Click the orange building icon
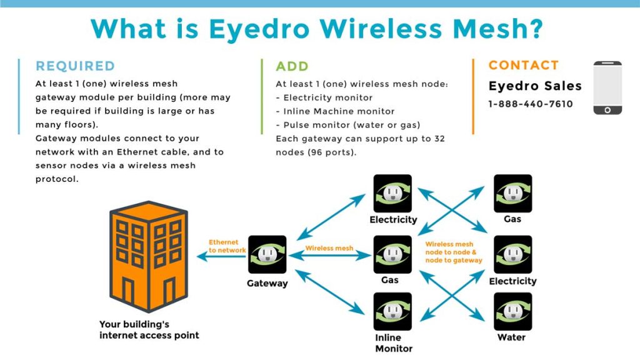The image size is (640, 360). [x=148, y=256]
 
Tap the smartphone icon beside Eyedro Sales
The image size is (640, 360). [x=607, y=87]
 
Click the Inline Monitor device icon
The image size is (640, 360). [x=392, y=311]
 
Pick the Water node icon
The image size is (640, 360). [x=512, y=311]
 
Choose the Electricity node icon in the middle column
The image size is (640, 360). [x=392, y=193]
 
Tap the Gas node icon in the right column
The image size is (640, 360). [x=512, y=193]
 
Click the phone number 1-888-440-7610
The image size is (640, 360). [x=530, y=104]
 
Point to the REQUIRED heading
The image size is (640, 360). [x=75, y=66]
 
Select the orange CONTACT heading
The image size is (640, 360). [x=523, y=65]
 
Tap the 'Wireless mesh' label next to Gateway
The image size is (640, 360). [x=329, y=248]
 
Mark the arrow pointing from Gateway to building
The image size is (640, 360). [x=221, y=256]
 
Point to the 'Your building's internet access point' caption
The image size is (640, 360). [x=149, y=330]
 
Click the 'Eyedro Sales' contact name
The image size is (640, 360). [x=534, y=86]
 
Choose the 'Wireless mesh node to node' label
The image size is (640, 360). [x=453, y=252]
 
